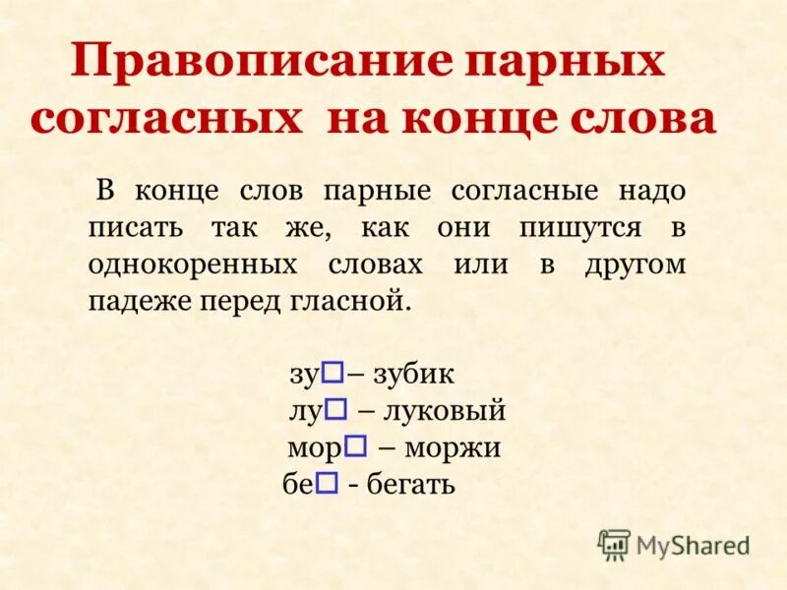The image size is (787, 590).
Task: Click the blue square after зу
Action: click(333, 371)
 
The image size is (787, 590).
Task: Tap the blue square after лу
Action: click(334, 407)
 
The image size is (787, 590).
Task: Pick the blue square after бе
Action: click(329, 482)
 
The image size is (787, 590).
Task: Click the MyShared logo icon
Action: click(614, 544)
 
